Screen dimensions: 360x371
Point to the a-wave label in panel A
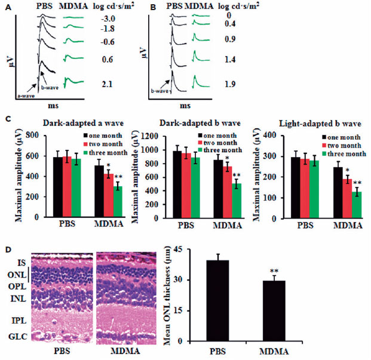coord(24,94)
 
